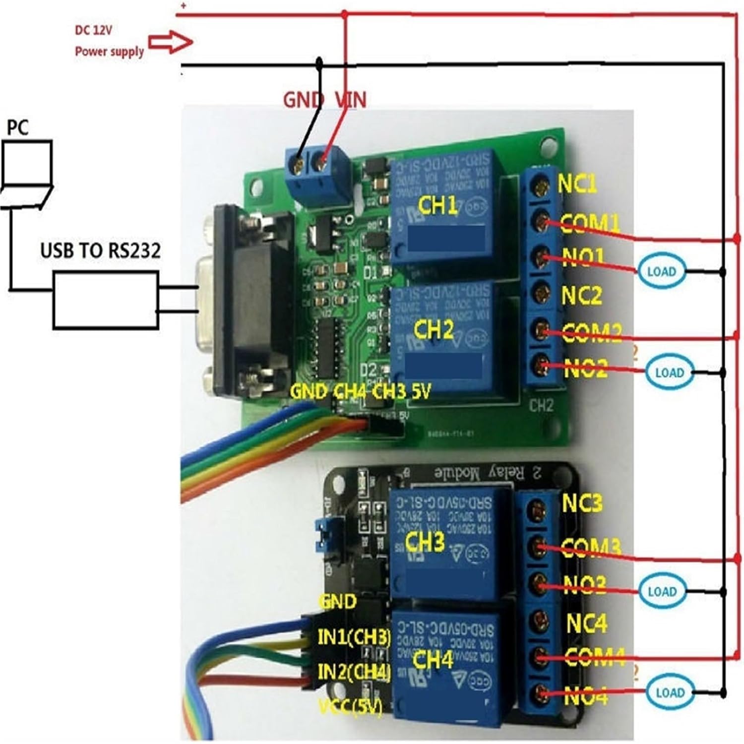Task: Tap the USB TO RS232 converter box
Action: [x=106, y=299]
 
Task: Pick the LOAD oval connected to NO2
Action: [x=669, y=372]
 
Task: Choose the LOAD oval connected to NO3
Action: [x=662, y=591]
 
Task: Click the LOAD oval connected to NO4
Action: [x=670, y=692]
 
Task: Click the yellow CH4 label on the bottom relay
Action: [x=433, y=660]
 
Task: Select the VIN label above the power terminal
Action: [x=350, y=100]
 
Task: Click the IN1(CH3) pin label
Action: [x=354, y=637]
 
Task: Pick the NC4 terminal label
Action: [x=586, y=623]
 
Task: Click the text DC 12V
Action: [x=94, y=30]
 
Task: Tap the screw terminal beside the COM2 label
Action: [x=542, y=330]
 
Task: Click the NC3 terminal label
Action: [x=582, y=503]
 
